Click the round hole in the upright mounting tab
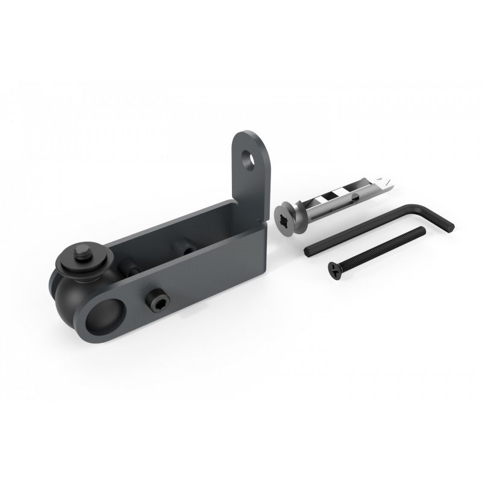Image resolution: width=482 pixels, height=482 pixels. pyautogui.click(x=247, y=158)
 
